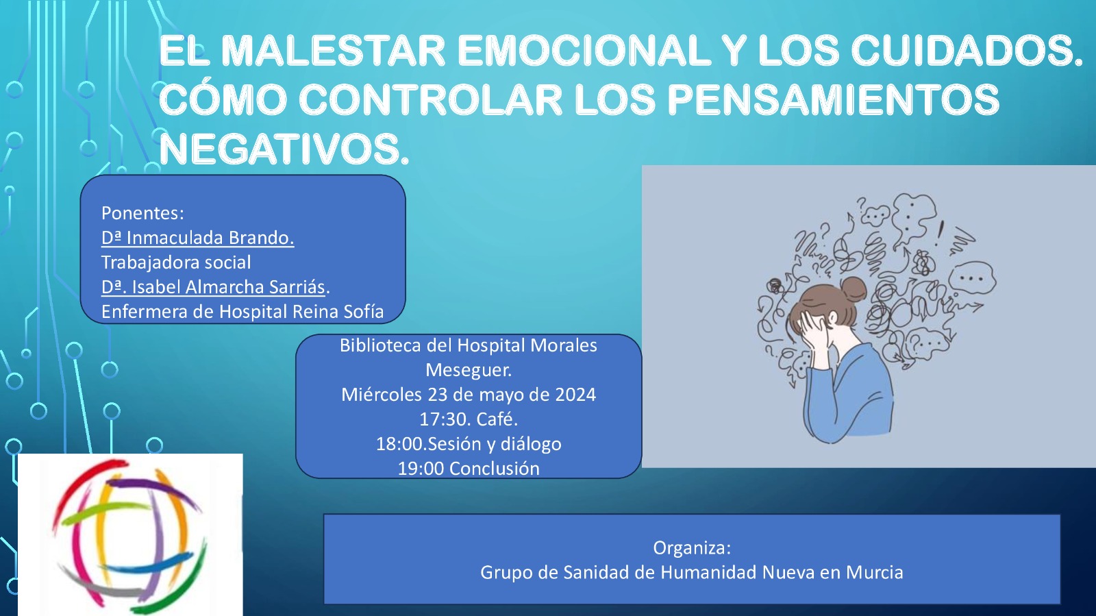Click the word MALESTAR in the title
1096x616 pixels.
click(333, 50)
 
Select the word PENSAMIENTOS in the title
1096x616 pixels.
click(834, 99)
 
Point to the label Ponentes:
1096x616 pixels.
click(142, 213)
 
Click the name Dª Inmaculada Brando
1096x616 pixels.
click(198, 238)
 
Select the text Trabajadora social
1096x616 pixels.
click(176, 262)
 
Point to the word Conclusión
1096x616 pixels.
click(494, 468)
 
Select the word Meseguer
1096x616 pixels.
click(469, 370)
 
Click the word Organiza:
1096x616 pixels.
click(692, 548)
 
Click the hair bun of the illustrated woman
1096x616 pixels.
click(853, 288)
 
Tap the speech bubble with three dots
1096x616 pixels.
click(972, 278)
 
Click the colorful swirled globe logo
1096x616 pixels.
click(130, 535)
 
